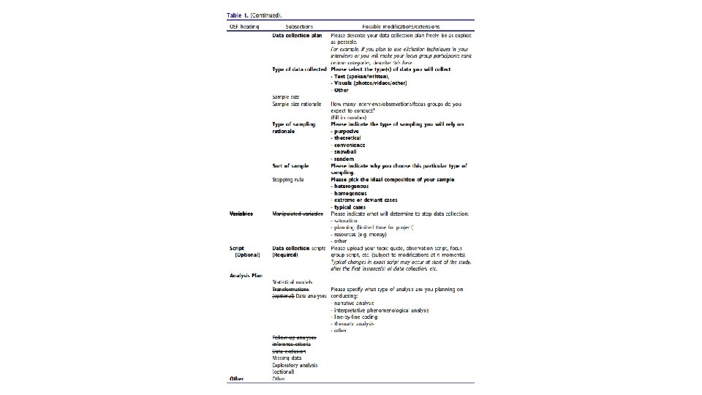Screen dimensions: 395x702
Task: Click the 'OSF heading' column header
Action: click(x=244, y=26)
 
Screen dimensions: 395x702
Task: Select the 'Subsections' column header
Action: click(x=298, y=26)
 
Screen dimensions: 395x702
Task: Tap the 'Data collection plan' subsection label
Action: click(x=297, y=35)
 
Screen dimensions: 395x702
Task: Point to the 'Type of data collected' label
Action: click(x=299, y=69)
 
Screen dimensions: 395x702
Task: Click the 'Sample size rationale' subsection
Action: click(x=297, y=104)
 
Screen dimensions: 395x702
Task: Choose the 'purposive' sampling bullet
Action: click(x=349, y=131)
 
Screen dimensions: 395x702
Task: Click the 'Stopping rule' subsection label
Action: click(x=288, y=179)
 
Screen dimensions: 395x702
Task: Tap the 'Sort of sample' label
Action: click(x=291, y=165)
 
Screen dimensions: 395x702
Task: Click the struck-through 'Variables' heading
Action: click(x=241, y=214)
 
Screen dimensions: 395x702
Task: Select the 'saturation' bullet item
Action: click(x=350, y=220)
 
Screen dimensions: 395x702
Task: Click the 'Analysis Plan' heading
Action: click(x=246, y=275)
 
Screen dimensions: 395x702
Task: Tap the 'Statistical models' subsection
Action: click(x=292, y=282)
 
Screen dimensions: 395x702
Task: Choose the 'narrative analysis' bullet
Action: click(x=354, y=302)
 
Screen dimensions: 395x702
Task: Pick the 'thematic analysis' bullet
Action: click(x=354, y=323)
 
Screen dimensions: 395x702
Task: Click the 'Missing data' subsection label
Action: click(x=287, y=358)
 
